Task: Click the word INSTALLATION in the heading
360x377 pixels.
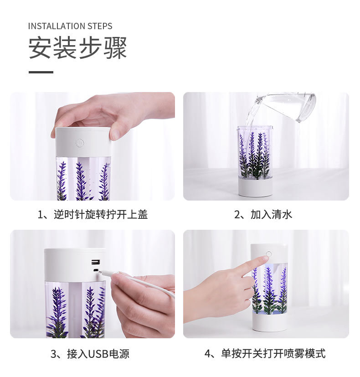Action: (x=57, y=26)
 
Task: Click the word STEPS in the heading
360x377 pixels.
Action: (x=100, y=26)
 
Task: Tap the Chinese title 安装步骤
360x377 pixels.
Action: (x=77, y=47)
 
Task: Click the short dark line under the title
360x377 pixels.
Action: (x=41, y=72)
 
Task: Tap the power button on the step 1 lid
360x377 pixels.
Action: (x=80, y=143)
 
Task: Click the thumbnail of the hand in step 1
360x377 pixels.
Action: (x=113, y=115)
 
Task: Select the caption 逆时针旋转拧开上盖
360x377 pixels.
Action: (x=101, y=214)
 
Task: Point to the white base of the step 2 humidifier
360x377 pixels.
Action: (x=255, y=187)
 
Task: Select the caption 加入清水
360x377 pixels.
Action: (x=271, y=214)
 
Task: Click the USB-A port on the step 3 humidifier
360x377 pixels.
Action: (x=95, y=262)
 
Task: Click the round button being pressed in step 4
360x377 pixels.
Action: (x=268, y=254)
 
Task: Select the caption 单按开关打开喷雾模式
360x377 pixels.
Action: (x=273, y=353)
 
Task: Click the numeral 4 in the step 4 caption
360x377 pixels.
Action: (x=208, y=354)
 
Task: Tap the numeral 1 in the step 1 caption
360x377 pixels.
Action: (x=41, y=215)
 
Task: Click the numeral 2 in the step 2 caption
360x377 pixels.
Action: (x=237, y=215)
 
